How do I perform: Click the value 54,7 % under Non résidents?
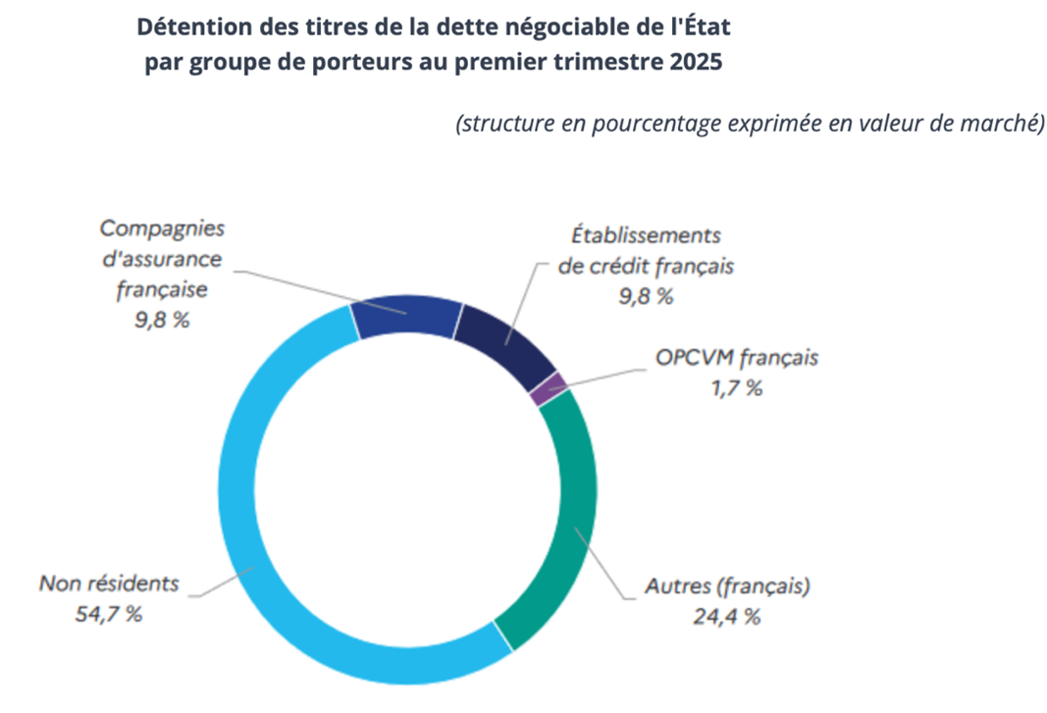[x=108, y=615]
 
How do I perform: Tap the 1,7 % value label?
[x=736, y=387]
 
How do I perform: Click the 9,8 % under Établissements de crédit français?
[x=645, y=297]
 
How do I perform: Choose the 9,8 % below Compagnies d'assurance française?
[x=162, y=320]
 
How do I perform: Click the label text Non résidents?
[x=109, y=584]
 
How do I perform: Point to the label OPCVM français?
[x=736, y=357]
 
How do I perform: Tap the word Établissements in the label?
[x=646, y=235]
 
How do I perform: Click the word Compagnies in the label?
[x=162, y=229]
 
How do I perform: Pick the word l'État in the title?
[x=703, y=26]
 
